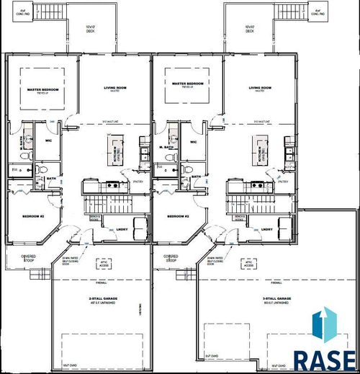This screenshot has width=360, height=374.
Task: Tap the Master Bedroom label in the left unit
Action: tap(42, 91)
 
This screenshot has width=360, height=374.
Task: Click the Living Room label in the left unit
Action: tap(114, 89)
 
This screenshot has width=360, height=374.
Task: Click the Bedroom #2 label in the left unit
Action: tap(34, 216)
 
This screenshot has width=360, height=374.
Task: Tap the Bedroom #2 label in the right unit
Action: tap(178, 216)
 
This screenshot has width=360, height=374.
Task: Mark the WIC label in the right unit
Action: tap(193, 141)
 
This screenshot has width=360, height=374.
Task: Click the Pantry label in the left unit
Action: tap(127, 172)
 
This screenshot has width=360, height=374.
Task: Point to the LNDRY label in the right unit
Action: tap(266, 229)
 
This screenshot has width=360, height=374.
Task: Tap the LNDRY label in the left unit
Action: tap(122, 229)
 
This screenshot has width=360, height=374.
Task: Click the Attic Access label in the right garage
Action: tap(248, 264)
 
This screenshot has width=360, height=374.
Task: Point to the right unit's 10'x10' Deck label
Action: tap(250, 29)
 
